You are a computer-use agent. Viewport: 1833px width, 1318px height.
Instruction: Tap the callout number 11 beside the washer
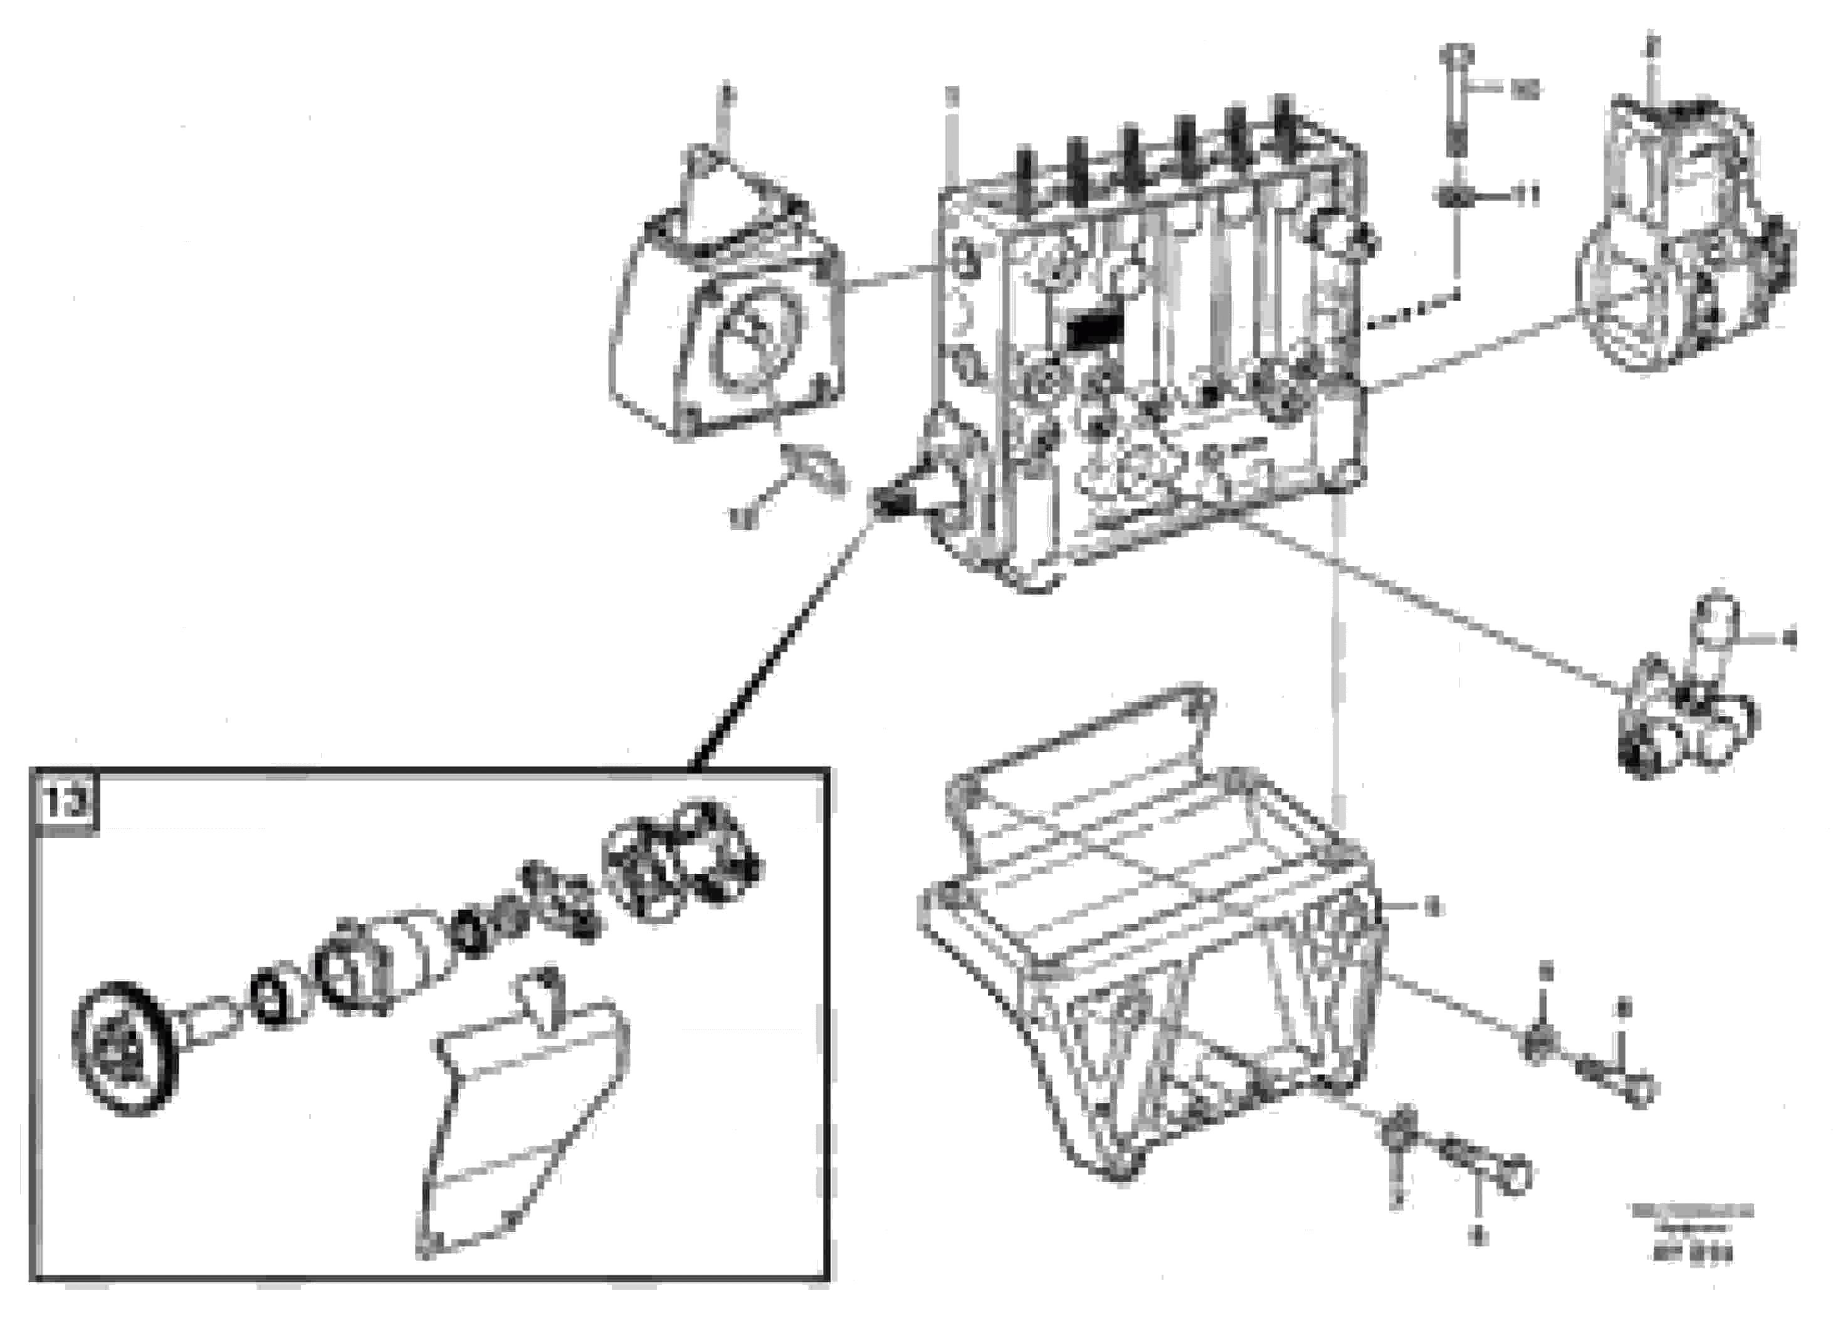1526,195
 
